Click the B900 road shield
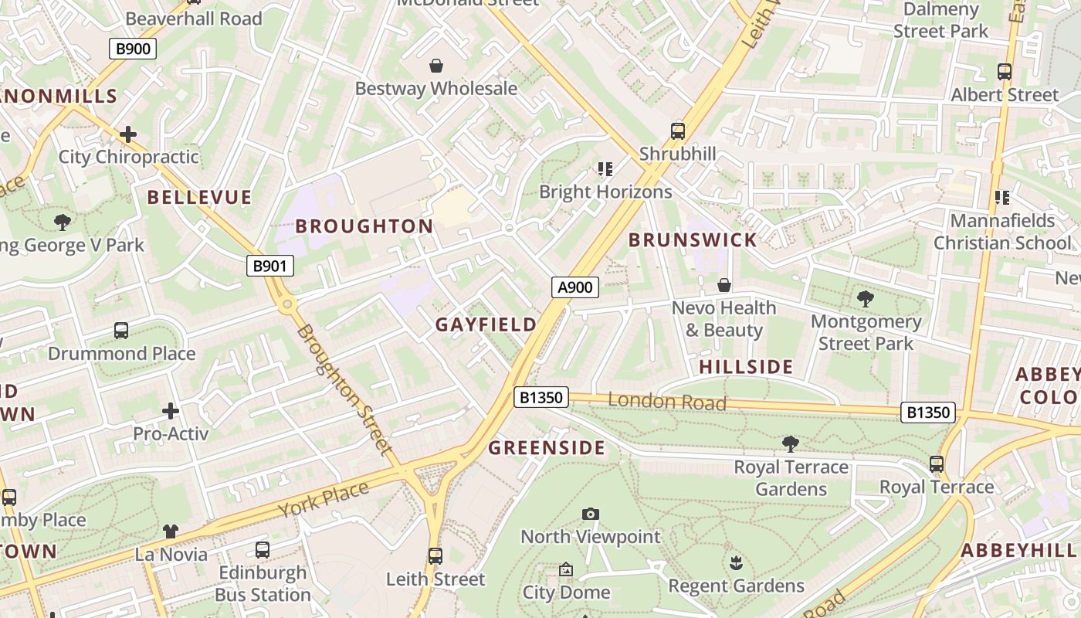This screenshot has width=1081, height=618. coord(132,49)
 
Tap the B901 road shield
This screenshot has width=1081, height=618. coord(270,267)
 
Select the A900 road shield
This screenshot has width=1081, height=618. coord(575,287)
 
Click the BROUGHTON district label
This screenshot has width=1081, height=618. coord(364,226)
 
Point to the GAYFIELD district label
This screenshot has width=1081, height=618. coord(486,324)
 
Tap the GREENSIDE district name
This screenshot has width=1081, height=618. coord(547,448)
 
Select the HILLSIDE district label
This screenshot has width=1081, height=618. coord(746,367)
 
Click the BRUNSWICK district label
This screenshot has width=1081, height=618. coord(693,239)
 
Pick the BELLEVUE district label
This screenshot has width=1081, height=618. coord(199,197)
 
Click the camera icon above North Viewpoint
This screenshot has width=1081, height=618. coord(591,514)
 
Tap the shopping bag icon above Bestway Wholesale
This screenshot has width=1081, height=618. coord(436,66)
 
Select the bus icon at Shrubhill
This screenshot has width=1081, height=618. coord(678,131)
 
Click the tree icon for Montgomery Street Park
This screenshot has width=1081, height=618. coord(866,298)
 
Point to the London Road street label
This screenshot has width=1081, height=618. coord(667,401)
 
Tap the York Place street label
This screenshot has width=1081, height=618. coord(324,500)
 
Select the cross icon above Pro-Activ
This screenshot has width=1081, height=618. coord(171,411)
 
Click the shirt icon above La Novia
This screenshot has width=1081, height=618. coord(171,531)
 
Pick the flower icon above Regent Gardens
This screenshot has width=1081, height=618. coord(736,562)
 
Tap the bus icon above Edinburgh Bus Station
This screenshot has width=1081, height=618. coord(263,550)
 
